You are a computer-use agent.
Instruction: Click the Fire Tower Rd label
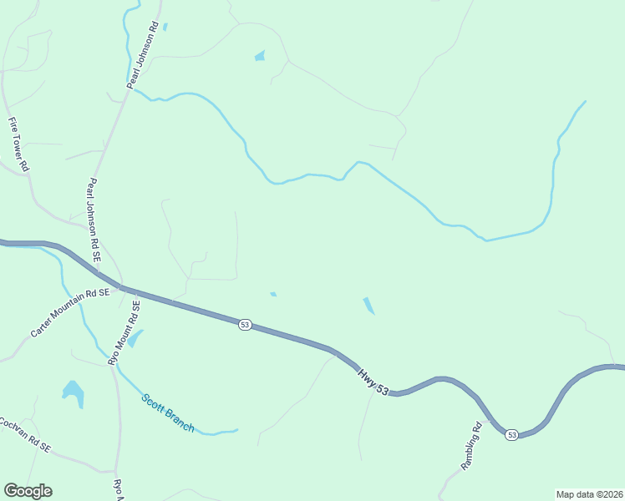coord(19,144)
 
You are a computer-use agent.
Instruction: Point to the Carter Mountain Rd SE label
coord(70,313)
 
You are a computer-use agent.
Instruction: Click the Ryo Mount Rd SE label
coord(124,332)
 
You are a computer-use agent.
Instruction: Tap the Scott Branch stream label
coord(167,412)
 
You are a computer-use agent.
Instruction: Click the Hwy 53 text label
coord(373,379)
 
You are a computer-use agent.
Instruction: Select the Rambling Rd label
coord(472,448)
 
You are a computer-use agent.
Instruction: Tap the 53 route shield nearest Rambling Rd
coord(511,433)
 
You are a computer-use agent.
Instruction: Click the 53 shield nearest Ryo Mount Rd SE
coord(244,324)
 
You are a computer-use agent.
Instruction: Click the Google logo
coord(28,490)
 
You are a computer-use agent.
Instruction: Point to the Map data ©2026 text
coord(589,493)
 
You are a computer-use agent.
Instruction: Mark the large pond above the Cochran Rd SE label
coord(74,392)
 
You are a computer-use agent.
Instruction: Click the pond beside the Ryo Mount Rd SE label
coord(135,338)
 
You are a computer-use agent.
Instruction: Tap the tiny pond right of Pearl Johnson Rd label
coord(165,27)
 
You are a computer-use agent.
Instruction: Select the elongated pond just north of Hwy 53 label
coord(368,306)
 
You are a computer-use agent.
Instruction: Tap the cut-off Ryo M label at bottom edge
coord(118,488)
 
